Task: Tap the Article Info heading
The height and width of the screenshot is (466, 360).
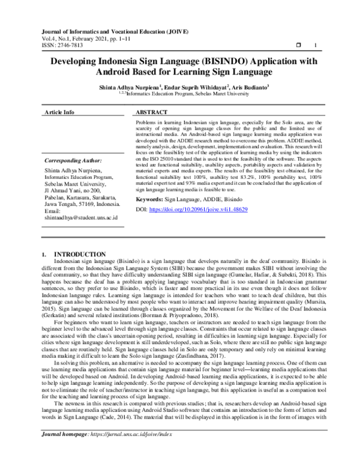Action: click(x=60, y=112)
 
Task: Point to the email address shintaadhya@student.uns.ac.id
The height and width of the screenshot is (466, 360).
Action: click(x=81, y=217)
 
